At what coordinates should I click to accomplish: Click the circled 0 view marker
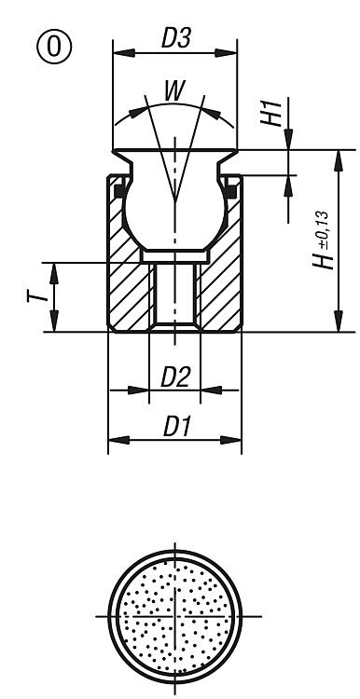click(54, 47)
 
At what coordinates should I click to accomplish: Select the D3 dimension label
click(176, 38)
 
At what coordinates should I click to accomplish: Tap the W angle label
click(174, 91)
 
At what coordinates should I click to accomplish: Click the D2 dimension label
click(175, 378)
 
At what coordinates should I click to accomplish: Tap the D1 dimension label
click(177, 427)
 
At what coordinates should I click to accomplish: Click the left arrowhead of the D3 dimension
click(123, 53)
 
